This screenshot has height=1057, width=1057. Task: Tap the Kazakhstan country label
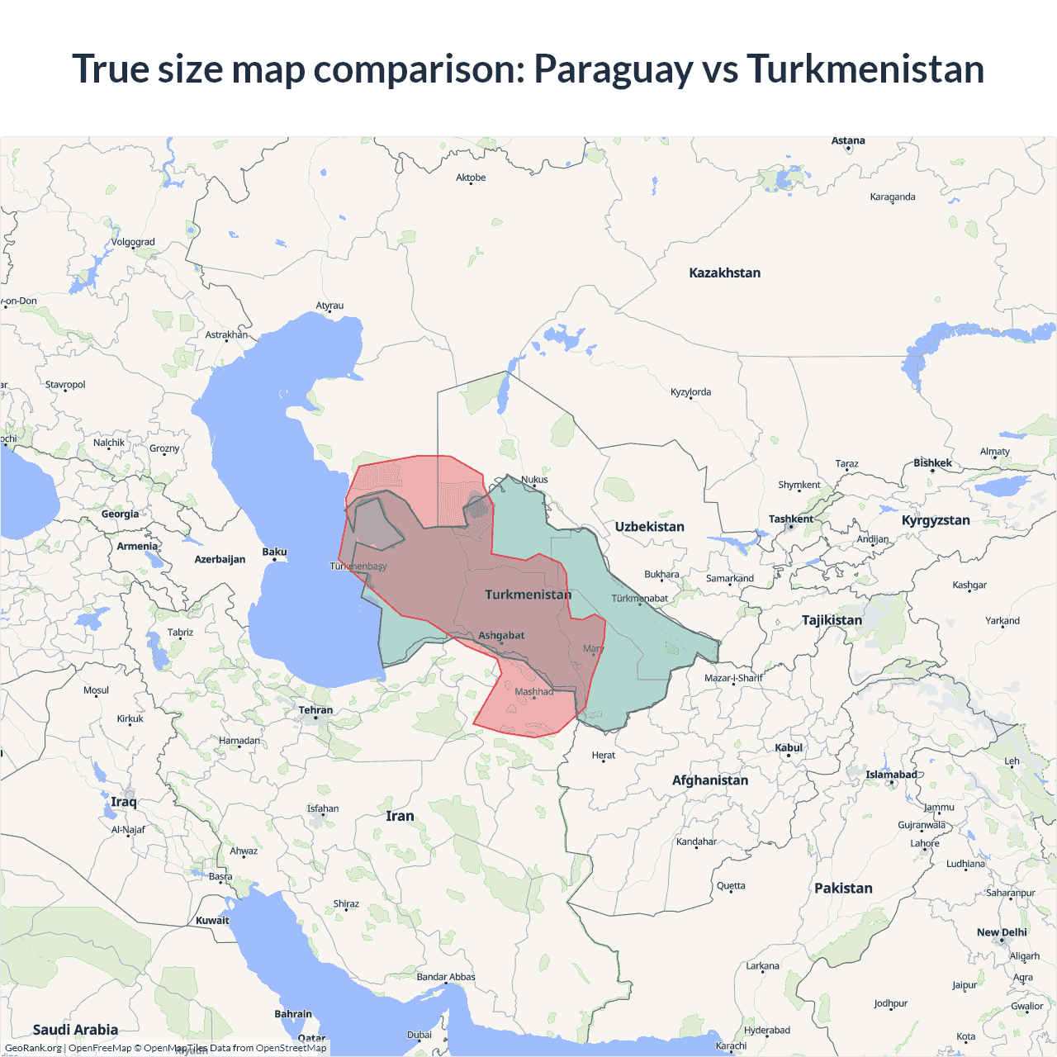[x=724, y=273]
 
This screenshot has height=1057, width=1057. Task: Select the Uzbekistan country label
[x=649, y=527]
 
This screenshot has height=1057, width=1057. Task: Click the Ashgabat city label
[x=501, y=635]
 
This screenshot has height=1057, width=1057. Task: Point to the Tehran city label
[x=315, y=710]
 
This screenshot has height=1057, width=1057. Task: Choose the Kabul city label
[x=789, y=747]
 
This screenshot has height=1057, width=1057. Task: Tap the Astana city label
[x=848, y=140]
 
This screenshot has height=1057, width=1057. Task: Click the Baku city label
[x=274, y=552]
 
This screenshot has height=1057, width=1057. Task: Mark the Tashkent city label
[x=790, y=519]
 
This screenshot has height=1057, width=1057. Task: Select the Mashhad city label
[x=533, y=691]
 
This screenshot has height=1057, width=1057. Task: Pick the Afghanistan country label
[x=709, y=780]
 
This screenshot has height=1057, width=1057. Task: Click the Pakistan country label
[x=843, y=889]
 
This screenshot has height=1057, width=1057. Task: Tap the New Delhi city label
[x=1002, y=932]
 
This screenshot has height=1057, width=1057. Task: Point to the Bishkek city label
[x=932, y=462]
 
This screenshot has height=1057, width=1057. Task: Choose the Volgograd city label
[x=133, y=242]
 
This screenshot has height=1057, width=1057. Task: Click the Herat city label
[x=603, y=755]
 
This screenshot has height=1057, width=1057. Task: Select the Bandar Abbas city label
[x=446, y=977]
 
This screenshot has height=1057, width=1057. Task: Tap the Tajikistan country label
[x=832, y=620]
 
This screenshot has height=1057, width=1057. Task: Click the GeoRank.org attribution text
[x=33, y=1048]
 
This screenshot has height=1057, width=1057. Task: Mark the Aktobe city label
[x=471, y=178]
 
